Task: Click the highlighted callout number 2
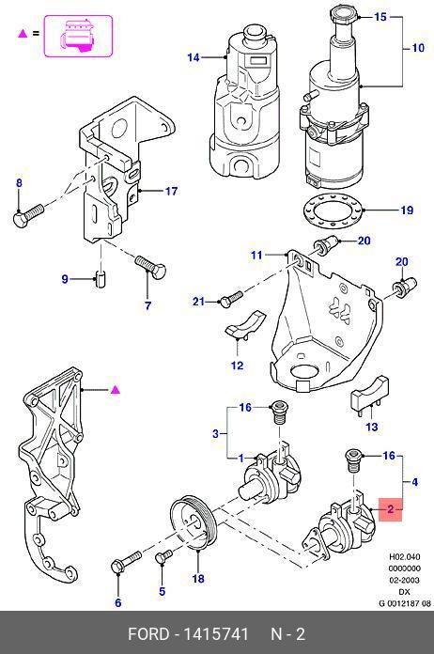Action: (390, 509)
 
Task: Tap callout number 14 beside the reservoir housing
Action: (194, 57)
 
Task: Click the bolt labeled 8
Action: (28, 214)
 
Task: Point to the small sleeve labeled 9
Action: (101, 278)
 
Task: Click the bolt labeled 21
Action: (230, 299)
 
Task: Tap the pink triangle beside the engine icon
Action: (23, 33)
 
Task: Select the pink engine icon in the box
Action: (78, 36)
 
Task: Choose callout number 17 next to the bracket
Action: (171, 191)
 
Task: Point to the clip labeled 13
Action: (370, 395)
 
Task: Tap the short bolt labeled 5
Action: (163, 557)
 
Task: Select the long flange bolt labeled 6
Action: (126, 561)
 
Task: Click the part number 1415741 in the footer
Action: (216, 634)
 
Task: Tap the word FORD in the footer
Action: (147, 634)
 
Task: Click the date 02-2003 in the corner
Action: (404, 580)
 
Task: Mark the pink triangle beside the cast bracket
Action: (115, 390)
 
